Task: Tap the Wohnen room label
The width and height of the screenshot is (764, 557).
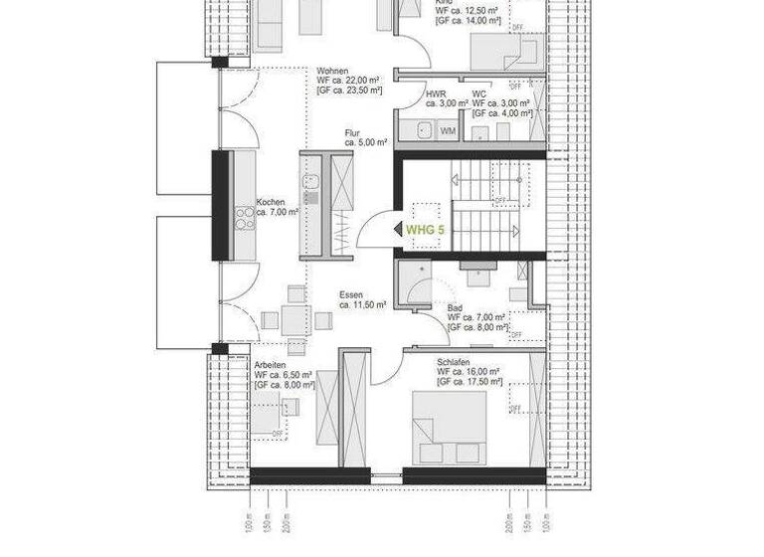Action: click(332, 72)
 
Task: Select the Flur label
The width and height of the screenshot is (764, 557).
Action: click(352, 132)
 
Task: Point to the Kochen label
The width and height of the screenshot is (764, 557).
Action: click(271, 202)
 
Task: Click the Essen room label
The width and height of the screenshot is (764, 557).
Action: click(349, 294)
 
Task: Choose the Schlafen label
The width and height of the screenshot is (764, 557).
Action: click(453, 362)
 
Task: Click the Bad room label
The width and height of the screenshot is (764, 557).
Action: click(455, 307)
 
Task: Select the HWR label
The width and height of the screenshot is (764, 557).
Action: click(435, 93)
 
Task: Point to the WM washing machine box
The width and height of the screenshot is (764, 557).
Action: click(448, 131)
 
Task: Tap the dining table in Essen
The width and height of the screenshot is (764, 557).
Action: click(294, 320)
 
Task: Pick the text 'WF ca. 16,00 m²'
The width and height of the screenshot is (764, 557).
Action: click(468, 372)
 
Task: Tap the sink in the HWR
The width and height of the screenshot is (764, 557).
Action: click(425, 130)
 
